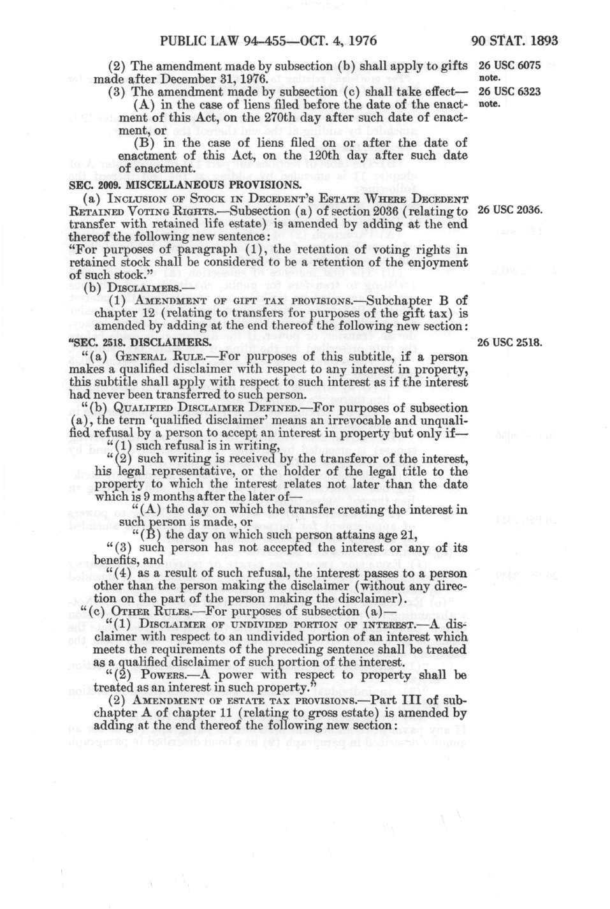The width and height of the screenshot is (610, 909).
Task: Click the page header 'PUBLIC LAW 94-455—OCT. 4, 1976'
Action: pos(268,41)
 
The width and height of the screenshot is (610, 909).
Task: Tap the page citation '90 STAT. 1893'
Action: pos(515,41)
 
